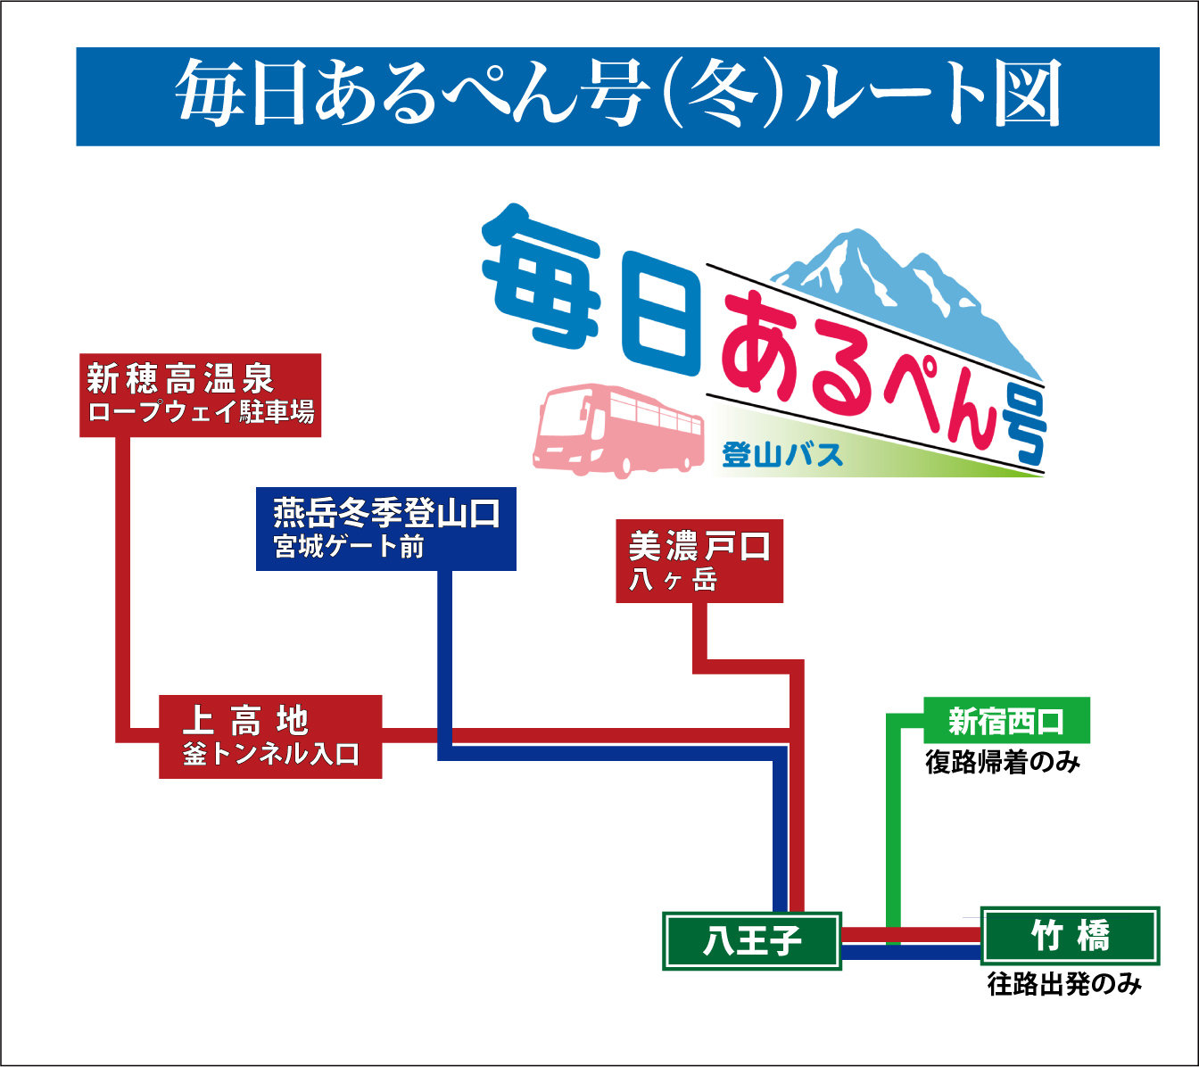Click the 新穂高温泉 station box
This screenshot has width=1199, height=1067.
click(x=200, y=395)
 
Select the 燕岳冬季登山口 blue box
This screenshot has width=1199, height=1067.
click(x=385, y=528)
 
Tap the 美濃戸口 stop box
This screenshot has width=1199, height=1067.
click(x=699, y=560)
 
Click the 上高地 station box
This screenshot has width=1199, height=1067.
click(x=270, y=736)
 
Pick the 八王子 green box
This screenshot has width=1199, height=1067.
click(x=752, y=940)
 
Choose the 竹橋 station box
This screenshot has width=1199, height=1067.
click(x=1070, y=936)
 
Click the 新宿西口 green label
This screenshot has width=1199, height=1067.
click(x=1006, y=720)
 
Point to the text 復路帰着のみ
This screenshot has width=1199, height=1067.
click(x=1003, y=763)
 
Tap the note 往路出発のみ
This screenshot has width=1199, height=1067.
click(x=1064, y=984)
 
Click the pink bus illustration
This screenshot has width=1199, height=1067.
click(x=618, y=430)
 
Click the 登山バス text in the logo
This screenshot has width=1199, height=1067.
click(x=782, y=455)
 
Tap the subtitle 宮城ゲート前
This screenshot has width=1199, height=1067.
click(x=349, y=546)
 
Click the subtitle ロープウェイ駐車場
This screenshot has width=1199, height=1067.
click(x=201, y=412)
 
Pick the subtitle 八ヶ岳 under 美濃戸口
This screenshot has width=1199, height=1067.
click(x=673, y=580)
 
